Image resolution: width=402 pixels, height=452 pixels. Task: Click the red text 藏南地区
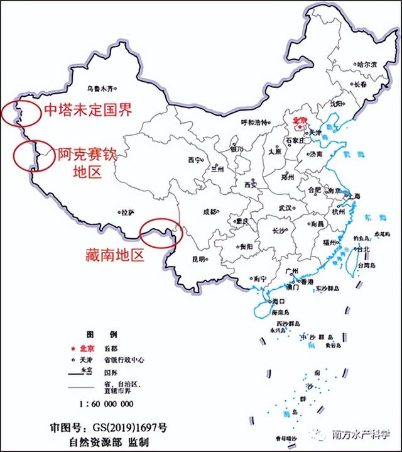(x=115, y=255)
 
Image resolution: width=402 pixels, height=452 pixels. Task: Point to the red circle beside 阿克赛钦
(x=30, y=155)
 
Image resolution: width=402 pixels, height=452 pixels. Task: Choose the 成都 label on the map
(x=209, y=212)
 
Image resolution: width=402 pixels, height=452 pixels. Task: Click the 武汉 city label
(x=285, y=208)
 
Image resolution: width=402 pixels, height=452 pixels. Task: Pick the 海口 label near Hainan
(x=279, y=302)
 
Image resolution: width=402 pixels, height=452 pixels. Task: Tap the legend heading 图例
(x=100, y=333)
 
